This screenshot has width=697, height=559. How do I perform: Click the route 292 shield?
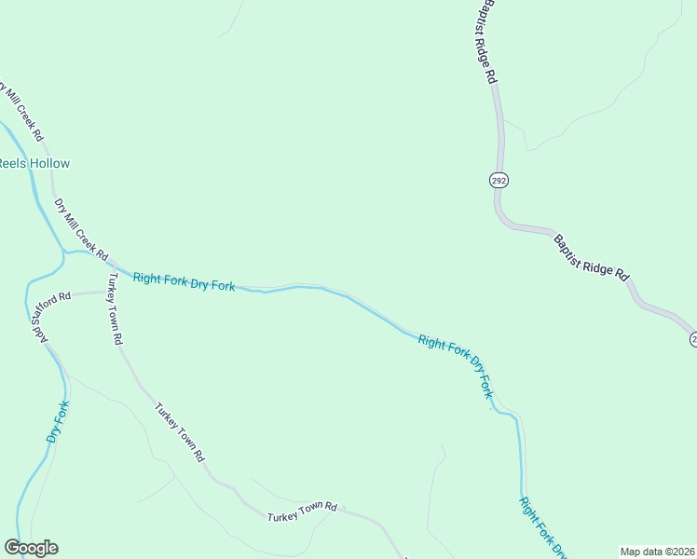click(499, 180)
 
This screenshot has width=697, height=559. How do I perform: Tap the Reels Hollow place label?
click(34, 163)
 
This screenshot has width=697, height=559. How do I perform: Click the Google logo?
click(31, 548)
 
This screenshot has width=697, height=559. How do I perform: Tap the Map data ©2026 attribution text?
click(657, 552)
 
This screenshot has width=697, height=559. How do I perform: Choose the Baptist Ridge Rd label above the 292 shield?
click(478, 42)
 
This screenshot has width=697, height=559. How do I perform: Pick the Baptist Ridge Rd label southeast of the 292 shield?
click(592, 258)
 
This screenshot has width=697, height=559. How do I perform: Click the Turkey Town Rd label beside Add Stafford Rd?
click(115, 309)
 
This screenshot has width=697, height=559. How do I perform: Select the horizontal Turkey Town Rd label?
click(301, 511)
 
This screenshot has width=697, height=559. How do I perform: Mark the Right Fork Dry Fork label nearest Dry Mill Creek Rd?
click(184, 281)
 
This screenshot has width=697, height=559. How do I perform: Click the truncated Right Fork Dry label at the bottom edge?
click(543, 527)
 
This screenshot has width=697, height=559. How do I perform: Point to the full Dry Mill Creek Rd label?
click(81, 229)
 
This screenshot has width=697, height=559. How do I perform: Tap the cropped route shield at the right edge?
click(693, 340)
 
